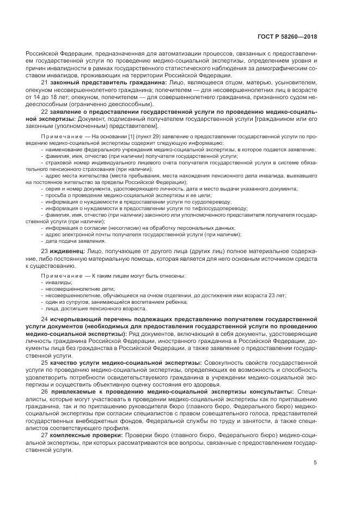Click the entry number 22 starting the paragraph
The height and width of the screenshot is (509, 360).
44,111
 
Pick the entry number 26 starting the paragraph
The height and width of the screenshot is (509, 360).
44,391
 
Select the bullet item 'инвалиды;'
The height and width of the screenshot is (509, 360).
59,282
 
